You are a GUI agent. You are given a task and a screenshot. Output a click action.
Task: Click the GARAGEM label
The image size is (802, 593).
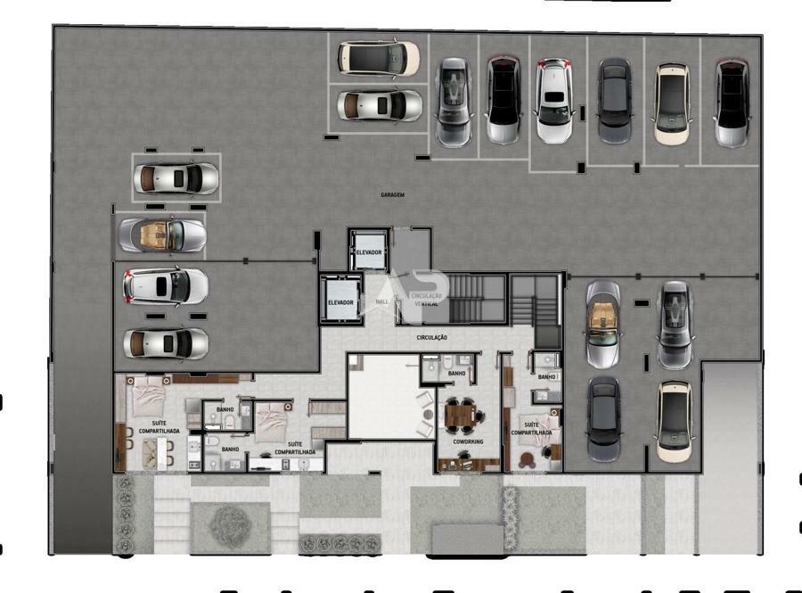pyautogui.click(x=392, y=194)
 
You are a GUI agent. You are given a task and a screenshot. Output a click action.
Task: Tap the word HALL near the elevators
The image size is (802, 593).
pyautogui.click(x=383, y=302)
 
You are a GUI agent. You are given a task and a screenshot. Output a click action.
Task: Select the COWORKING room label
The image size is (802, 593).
pyautogui.click(x=469, y=441)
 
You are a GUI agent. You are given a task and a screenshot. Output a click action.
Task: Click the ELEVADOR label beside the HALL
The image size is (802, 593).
pyautogui.click(x=340, y=303)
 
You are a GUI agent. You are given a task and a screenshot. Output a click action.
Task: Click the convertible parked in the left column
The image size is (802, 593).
pyautogui.click(x=163, y=235)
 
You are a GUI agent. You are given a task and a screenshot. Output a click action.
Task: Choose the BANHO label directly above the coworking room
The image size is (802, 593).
pyautogui.click(x=457, y=374)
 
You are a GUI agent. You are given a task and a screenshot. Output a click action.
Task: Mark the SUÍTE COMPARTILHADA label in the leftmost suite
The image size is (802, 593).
pyautogui.click(x=160, y=426)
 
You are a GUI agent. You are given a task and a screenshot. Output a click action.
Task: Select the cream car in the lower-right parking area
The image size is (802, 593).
pyautogui.click(x=675, y=421)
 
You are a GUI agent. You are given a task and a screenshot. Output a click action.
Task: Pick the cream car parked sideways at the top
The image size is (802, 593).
pyautogui.click(x=379, y=59)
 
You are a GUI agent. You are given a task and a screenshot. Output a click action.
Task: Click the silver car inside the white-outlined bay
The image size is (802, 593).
pyautogui.click(x=176, y=178)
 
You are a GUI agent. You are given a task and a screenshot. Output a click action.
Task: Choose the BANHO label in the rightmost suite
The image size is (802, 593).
pyautogui.click(x=546, y=377)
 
